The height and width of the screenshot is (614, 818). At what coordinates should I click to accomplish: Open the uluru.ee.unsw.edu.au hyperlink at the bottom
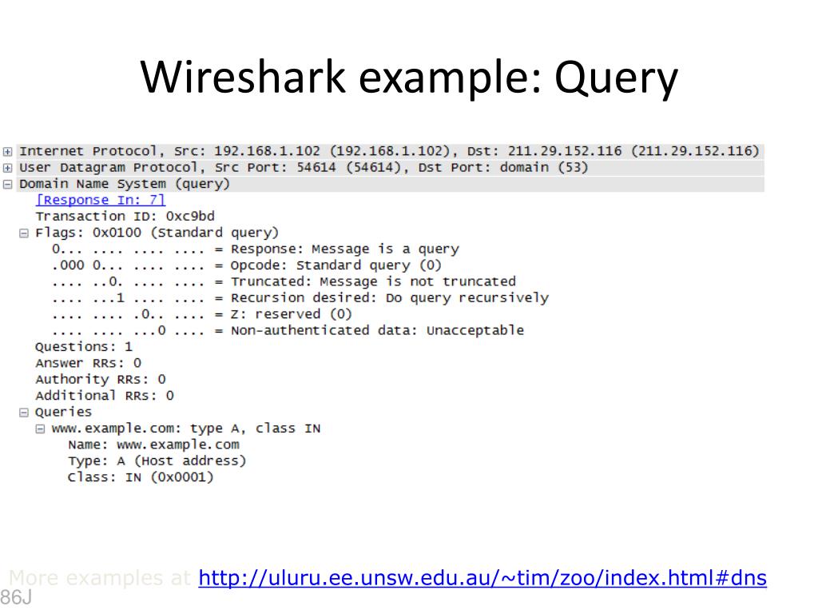click(x=482, y=577)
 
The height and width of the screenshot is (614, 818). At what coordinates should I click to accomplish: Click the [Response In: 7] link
click(x=101, y=200)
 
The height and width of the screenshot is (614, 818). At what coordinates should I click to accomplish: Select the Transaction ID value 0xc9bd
click(x=190, y=217)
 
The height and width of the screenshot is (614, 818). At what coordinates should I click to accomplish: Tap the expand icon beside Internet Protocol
click(x=8, y=151)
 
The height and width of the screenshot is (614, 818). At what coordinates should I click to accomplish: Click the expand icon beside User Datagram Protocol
click(x=8, y=168)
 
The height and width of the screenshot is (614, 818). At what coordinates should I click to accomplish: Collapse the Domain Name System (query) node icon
click(x=8, y=184)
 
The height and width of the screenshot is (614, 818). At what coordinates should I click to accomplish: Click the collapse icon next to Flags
click(x=24, y=233)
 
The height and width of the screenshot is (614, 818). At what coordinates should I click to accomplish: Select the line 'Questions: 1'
click(x=84, y=347)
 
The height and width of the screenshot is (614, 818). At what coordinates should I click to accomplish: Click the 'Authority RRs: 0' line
click(x=101, y=380)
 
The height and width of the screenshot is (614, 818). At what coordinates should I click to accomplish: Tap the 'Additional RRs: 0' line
click(x=105, y=396)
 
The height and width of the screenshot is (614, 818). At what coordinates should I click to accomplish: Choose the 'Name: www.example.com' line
click(x=153, y=445)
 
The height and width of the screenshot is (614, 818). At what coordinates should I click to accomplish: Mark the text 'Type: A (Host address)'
click(x=157, y=461)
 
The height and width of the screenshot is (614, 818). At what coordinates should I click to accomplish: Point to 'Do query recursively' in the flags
click(x=467, y=298)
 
